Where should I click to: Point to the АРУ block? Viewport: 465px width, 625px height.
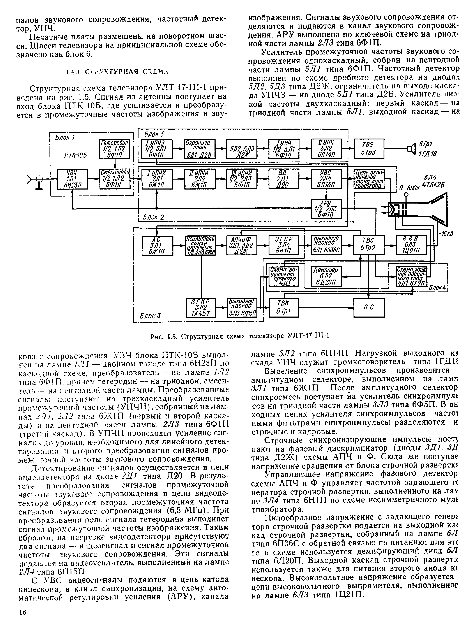[326, 209]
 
